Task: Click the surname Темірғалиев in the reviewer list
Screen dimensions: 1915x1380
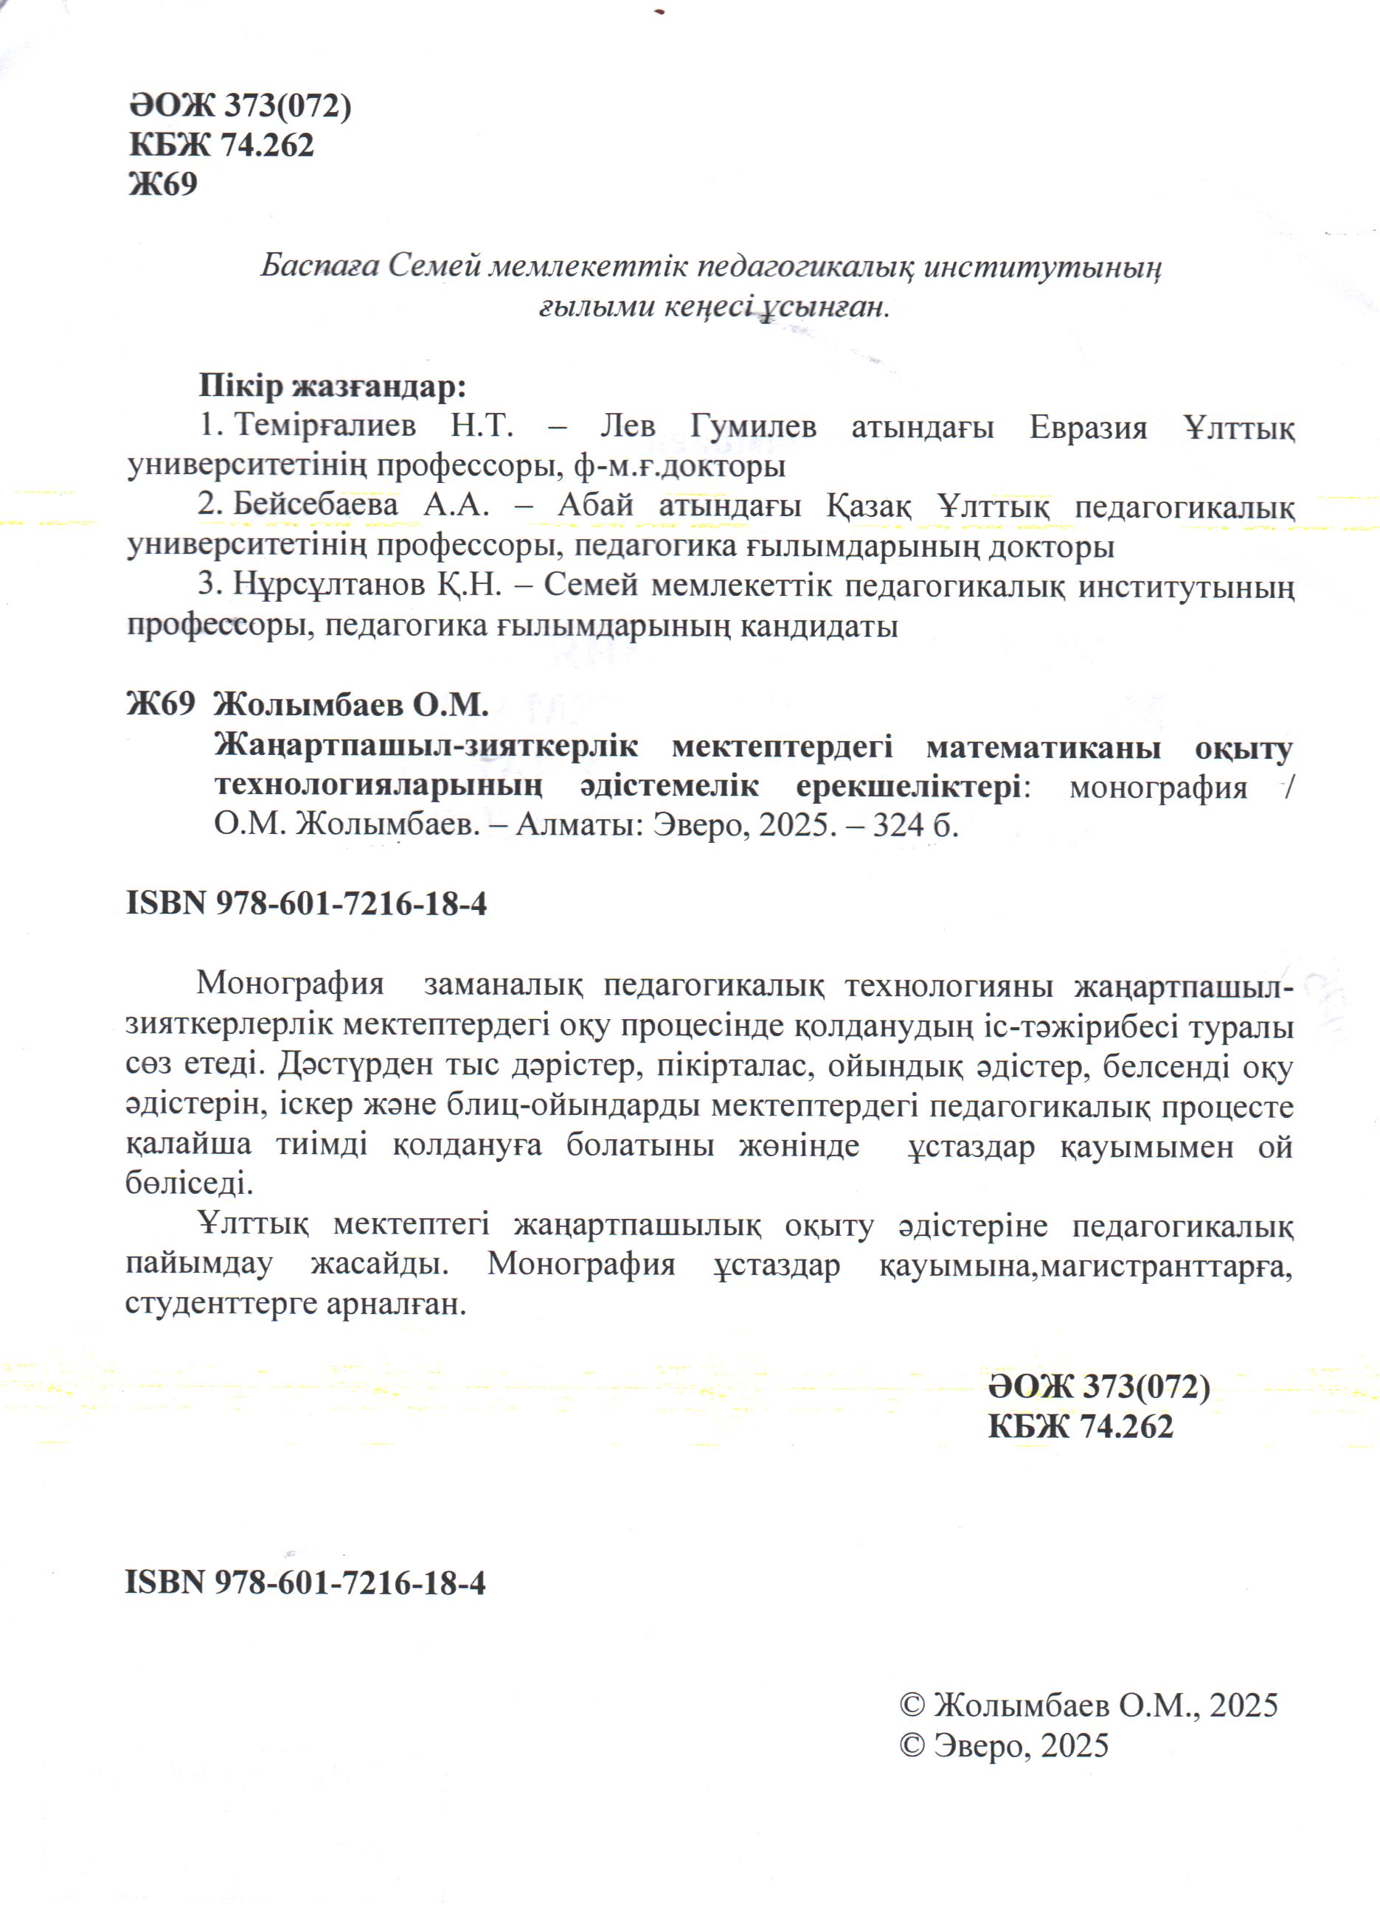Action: click(x=325, y=426)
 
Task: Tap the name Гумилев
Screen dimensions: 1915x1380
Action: click(x=752, y=426)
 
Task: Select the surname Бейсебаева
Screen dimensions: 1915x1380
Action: click(x=316, y=505)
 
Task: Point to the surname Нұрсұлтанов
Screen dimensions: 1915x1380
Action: click(x=328, y=585)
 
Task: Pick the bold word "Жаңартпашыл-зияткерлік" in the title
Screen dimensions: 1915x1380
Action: click(x=426, y=748)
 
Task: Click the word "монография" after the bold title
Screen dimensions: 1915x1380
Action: click(x=1158, y=787)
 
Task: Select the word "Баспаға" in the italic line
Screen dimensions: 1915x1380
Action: click(x=320, y=266)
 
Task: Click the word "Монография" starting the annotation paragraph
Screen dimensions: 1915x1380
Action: click(x=290, y=984)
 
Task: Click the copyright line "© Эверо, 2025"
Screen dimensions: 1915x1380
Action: click(x=1004, y=1745)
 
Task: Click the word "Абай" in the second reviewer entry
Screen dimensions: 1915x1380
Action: click(x=595, y=505)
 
